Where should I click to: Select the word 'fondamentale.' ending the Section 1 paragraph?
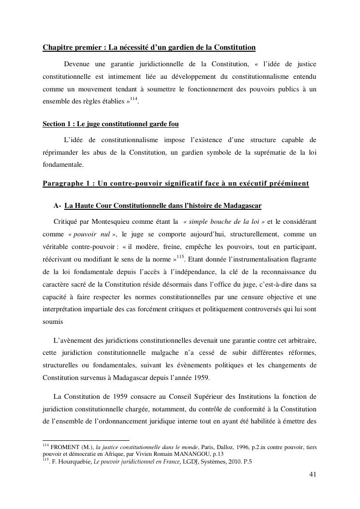63,164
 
